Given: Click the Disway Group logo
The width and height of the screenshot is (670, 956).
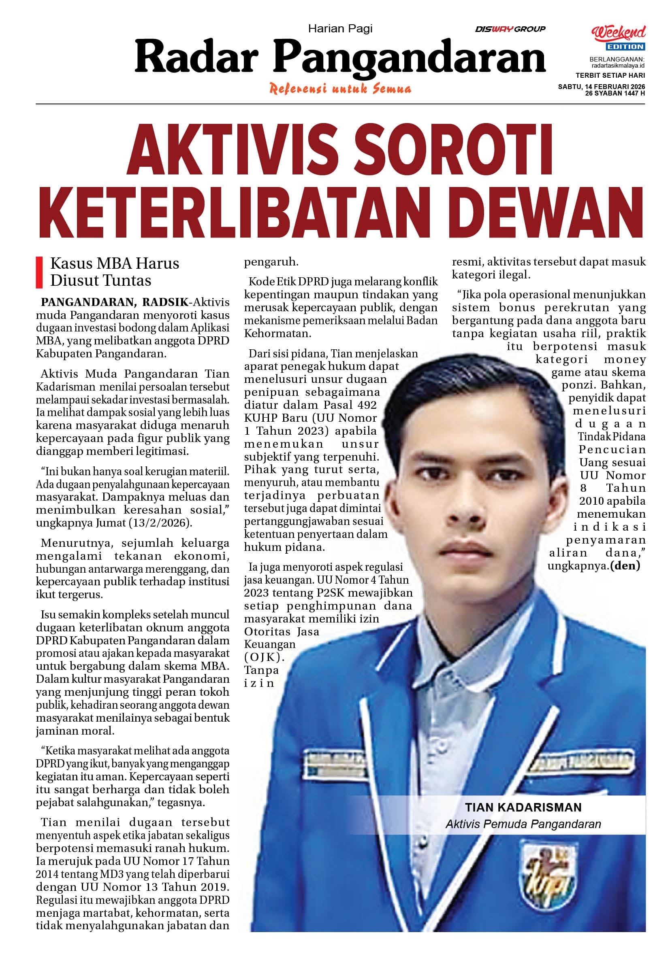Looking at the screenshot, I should [x=510, y=29].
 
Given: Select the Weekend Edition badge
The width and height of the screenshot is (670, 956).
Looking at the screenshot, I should [x=618, y=38].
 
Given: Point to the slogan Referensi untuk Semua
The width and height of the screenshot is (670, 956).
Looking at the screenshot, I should [x=340, y=89].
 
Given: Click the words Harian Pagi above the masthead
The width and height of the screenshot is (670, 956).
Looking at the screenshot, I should [x=340, y=28].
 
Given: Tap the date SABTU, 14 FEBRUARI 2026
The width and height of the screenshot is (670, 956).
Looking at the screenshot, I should [x=601, y=87].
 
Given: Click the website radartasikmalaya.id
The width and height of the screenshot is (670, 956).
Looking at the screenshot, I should [x=617, y=66].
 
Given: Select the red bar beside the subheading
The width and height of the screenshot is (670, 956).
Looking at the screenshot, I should [x=40, y=272].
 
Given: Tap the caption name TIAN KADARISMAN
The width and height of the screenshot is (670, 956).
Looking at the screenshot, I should [x=523, y=807].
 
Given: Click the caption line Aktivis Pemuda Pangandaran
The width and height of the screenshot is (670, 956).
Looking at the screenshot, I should [x=523, y=824].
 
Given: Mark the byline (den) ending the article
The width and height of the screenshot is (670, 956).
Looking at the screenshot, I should [x=625, y=565].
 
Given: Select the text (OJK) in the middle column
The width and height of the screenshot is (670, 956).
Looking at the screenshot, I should [x=264, y=657].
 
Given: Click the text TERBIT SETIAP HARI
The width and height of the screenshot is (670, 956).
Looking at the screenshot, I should [x=610, y=75].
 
